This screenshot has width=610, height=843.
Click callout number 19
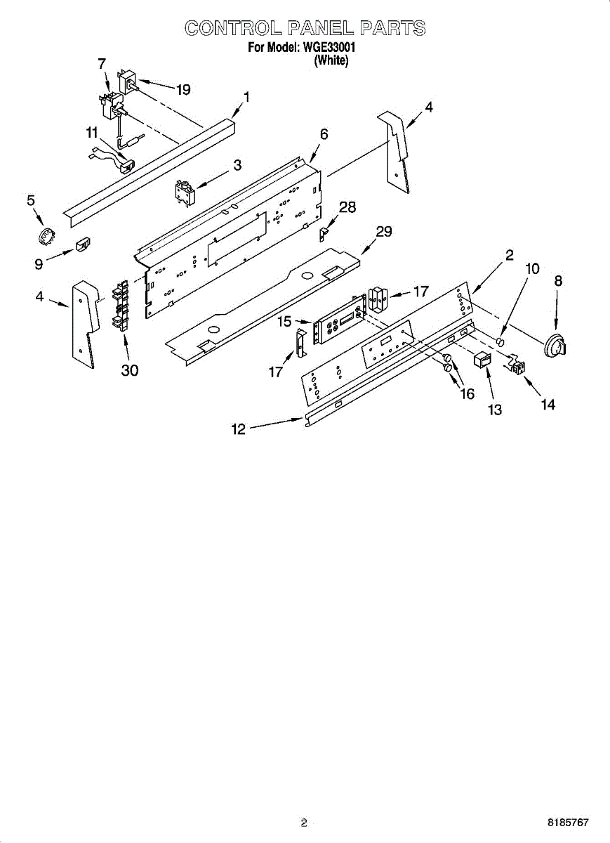(183, 89)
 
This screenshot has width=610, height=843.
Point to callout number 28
(347, 207)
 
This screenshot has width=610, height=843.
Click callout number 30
(130, 370)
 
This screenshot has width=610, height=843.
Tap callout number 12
(239, 429)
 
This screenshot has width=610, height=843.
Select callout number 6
(324, 133)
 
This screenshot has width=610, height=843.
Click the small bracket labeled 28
(326, 231)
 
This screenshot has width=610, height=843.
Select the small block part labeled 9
(81, 244)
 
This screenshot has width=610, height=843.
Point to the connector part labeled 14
(517, 366)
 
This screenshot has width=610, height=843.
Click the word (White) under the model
(331, 60)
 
